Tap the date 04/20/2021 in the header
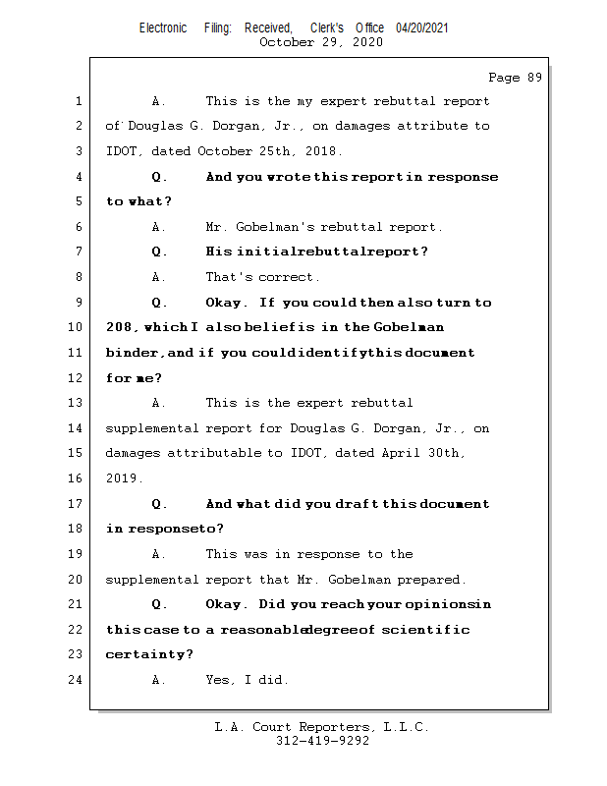point(422,28)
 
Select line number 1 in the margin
point(78,101)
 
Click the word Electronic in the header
point(163,28)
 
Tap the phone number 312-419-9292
point(322,741)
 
